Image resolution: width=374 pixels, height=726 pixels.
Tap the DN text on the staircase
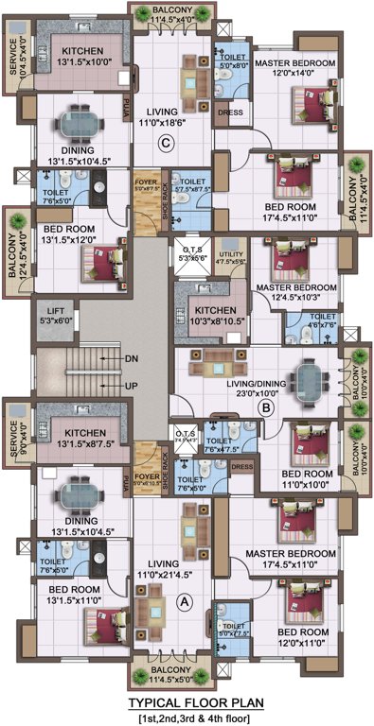[x=133, y=358]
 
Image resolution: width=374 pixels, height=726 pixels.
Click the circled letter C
[x=165, y=144]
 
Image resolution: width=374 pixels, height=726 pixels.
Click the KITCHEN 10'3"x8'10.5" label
[x=210, y=315]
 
